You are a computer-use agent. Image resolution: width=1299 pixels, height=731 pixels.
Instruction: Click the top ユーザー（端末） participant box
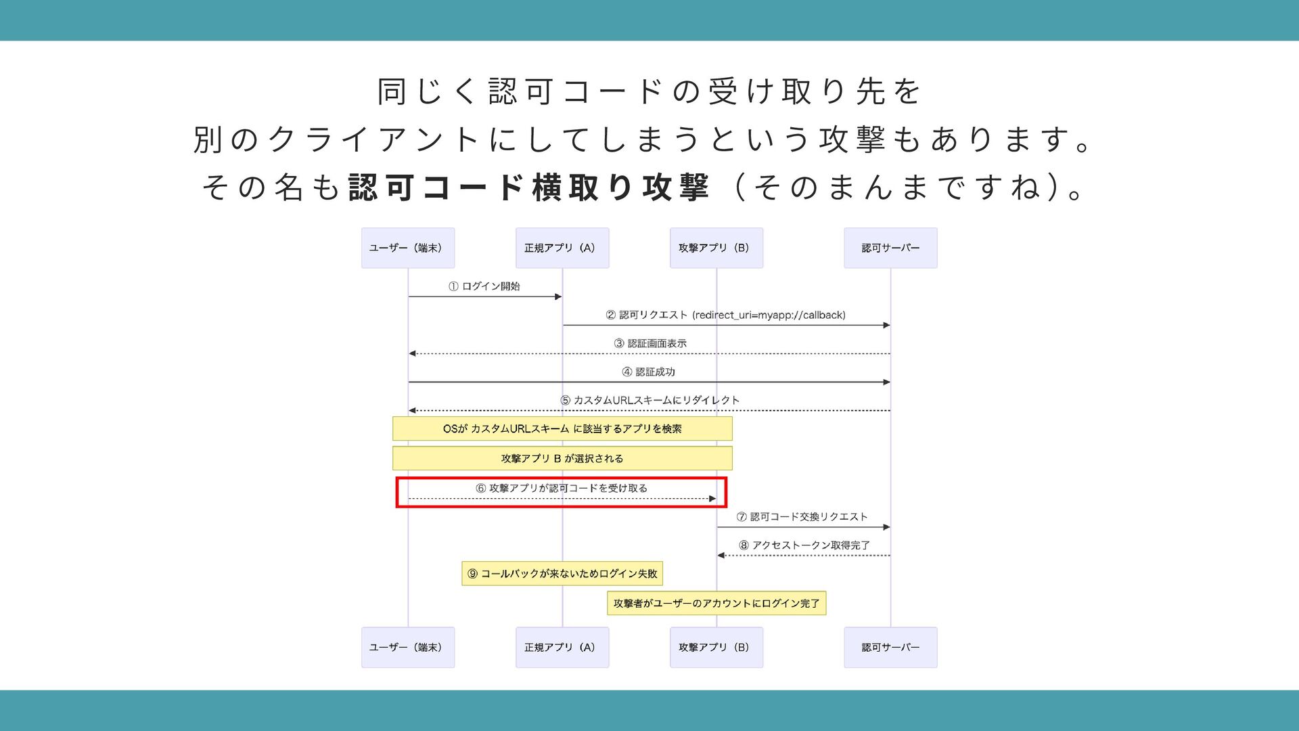pos(407,248)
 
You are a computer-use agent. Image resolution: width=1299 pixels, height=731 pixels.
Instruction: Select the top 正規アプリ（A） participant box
pos(562,248)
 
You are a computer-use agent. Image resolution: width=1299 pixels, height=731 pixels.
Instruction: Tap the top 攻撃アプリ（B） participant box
pos(716,248)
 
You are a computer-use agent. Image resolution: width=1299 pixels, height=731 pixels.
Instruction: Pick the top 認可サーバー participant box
pos(890,248)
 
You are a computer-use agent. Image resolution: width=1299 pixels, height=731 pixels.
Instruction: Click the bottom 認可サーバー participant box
pos(890,647)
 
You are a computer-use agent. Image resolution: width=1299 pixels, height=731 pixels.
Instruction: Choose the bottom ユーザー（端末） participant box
pos(407,647)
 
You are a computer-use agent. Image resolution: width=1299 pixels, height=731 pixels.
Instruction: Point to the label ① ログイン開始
pos(484,286)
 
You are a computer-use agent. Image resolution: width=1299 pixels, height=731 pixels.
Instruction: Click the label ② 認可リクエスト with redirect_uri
pos(725,315)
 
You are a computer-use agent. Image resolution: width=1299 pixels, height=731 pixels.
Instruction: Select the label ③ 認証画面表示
pos(649,343)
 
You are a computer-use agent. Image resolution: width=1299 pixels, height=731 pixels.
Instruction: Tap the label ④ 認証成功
pos(648,372)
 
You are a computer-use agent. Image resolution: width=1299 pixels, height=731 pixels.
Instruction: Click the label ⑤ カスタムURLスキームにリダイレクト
pos(649,400)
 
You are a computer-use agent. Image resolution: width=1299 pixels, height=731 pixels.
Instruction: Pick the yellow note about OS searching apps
pos(562,428)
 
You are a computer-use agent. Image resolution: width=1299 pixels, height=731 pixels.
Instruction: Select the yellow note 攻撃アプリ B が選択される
pos(562,458)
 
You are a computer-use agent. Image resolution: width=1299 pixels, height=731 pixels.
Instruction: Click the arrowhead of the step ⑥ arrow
pos(712,499)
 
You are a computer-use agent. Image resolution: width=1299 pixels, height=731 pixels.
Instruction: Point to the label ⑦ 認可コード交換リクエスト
pos(802,516)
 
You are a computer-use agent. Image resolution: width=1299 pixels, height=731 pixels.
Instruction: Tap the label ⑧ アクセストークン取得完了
pos(804,545)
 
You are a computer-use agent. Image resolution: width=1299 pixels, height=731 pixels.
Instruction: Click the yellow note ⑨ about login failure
pos(562,573)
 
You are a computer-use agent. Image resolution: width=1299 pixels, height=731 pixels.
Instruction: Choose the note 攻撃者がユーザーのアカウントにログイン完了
pos(716,603)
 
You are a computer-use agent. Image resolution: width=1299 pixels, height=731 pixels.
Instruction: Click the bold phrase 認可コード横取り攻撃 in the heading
pos(528,187)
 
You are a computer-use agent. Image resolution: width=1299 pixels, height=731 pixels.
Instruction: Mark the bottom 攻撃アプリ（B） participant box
pos(716,647)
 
